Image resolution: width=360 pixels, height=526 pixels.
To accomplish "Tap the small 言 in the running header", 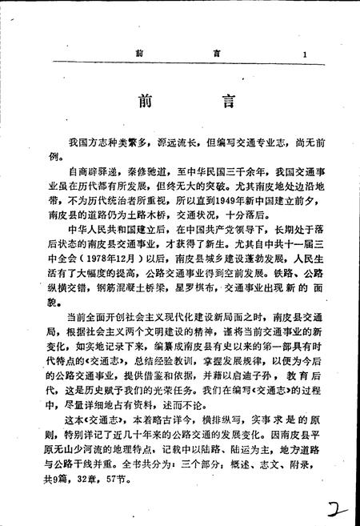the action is [x=214, y=54].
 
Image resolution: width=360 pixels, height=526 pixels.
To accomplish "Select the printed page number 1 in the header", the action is [x=306, y=54].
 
